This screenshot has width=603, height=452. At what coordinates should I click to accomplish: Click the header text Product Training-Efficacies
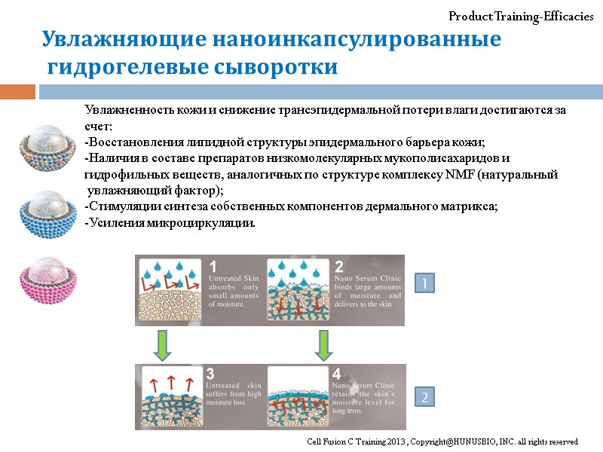coord(521,17)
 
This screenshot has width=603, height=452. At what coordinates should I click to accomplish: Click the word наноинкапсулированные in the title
coord(356,40)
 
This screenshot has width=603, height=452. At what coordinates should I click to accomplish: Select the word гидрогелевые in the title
coord(121,68)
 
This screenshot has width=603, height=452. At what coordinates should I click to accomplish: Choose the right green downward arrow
coord(324,344)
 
